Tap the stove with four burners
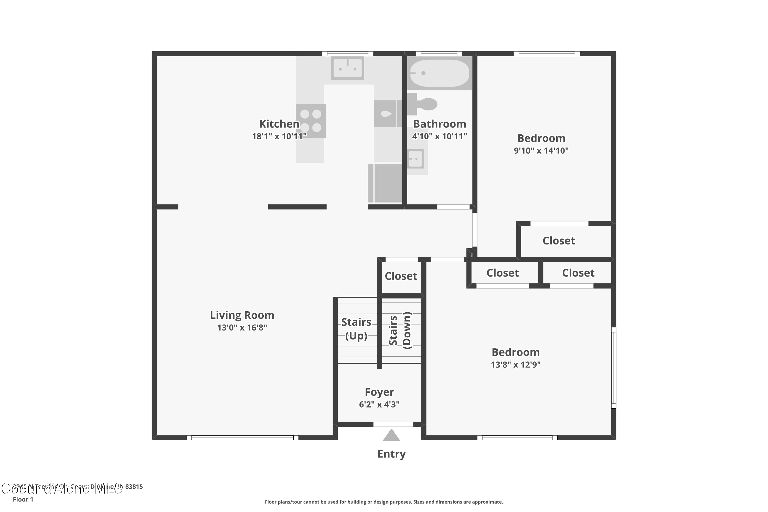311,121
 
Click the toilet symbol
423,104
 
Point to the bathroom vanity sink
416,159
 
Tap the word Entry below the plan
391,454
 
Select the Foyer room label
379,392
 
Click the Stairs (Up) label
356,329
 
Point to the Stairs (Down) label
400,330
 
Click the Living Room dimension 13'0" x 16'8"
242,327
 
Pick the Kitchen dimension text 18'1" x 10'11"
279,136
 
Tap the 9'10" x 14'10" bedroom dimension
541,151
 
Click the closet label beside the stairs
401,276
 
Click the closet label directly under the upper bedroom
558,241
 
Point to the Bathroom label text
440,124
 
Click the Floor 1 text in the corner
23,499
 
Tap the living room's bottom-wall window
242,438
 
